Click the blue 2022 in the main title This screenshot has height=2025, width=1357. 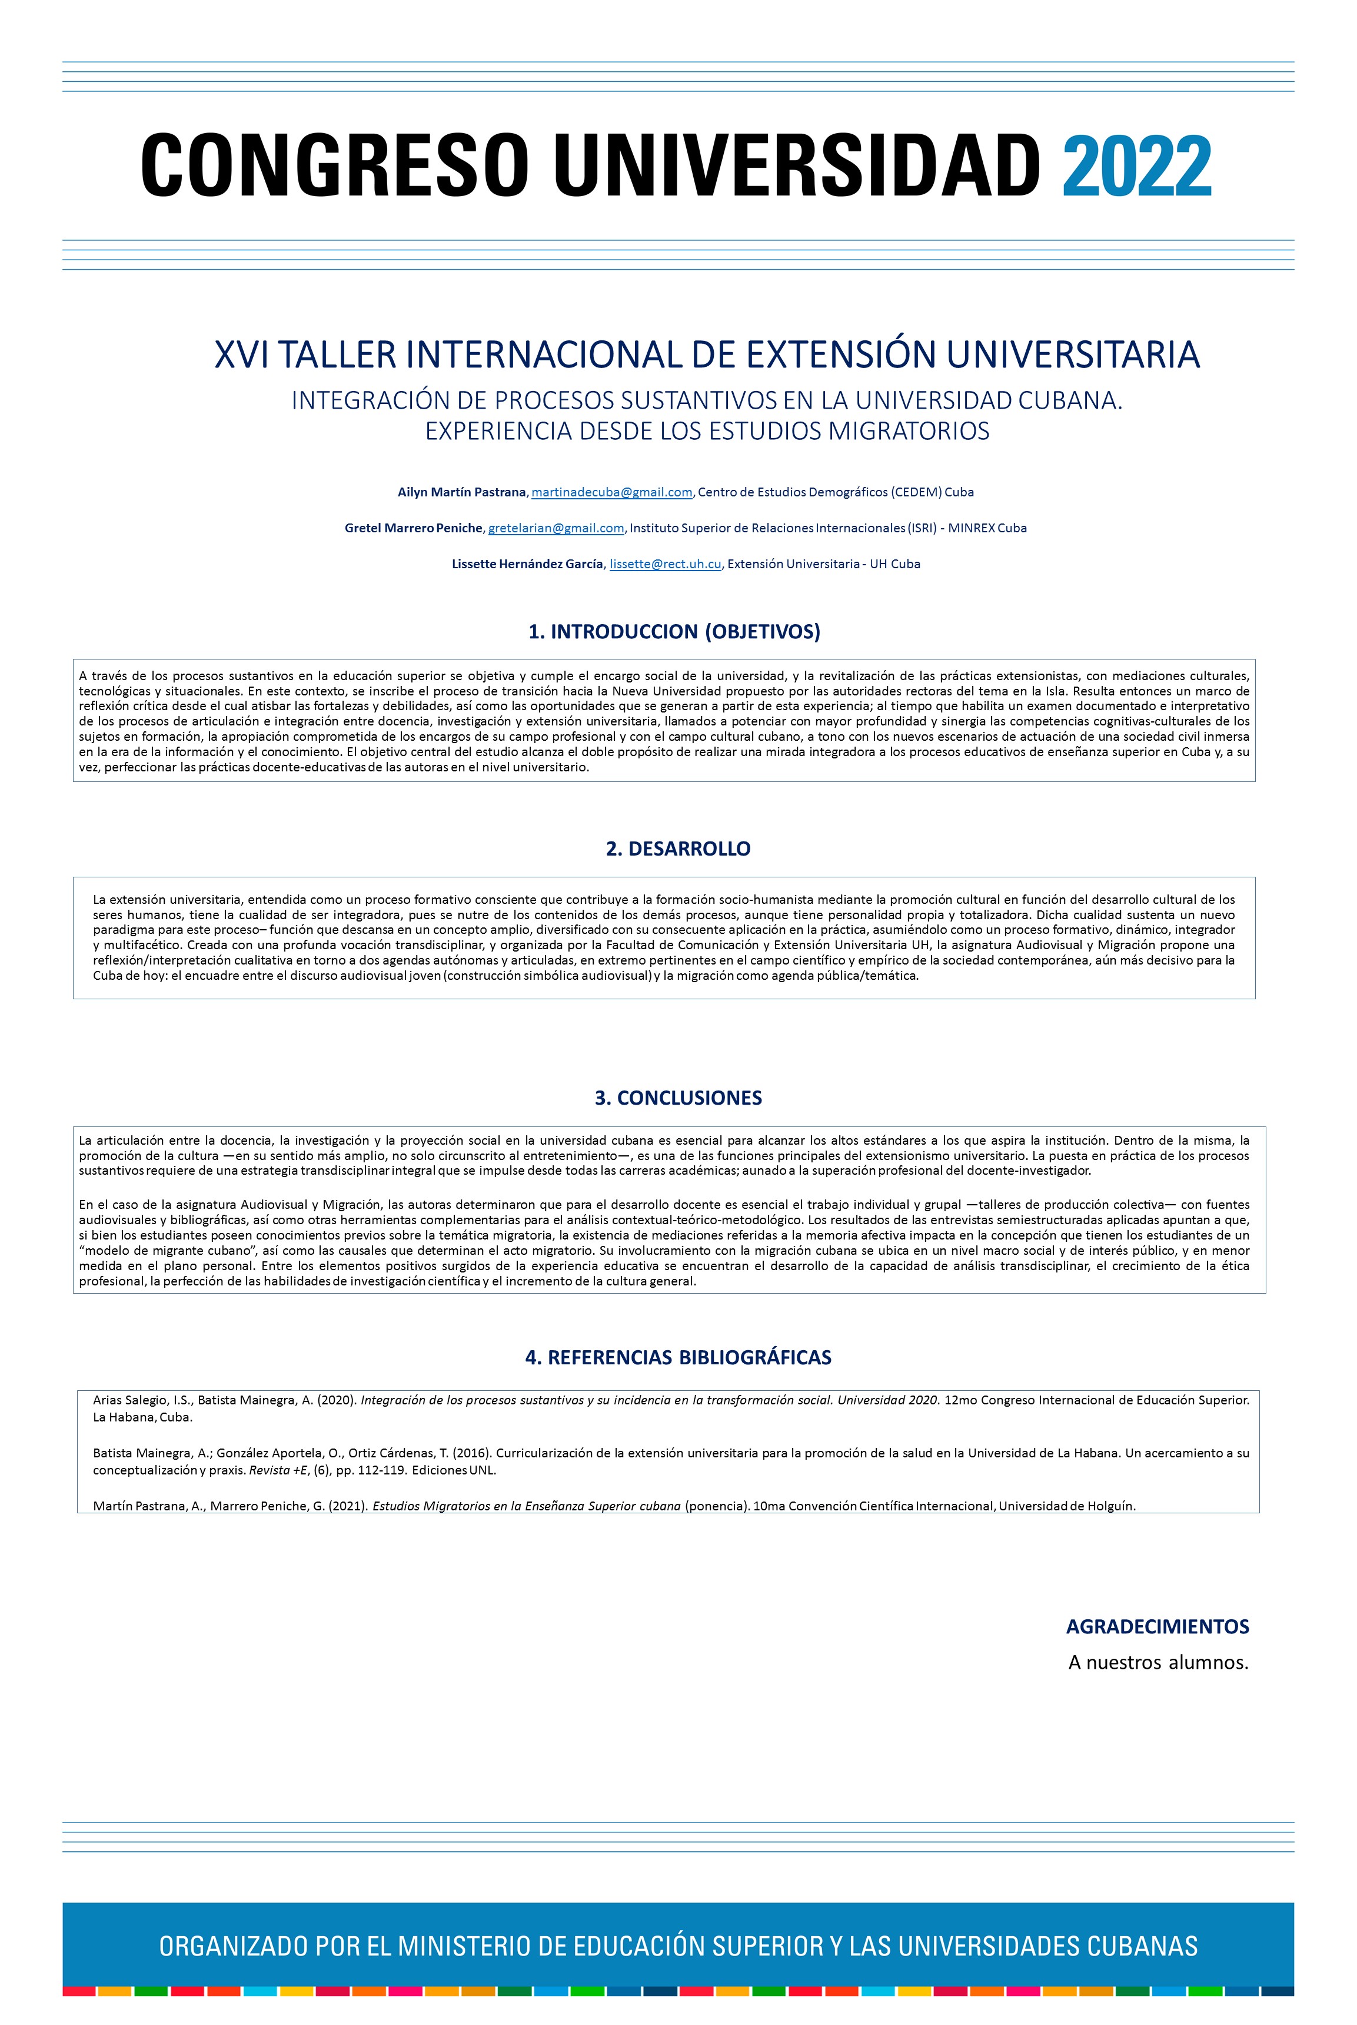[x=1136, y=166]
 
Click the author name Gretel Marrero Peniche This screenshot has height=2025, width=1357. [x=414, y=528]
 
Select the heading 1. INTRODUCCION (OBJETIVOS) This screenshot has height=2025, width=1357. [x=674, y=632]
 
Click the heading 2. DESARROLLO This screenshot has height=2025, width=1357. [x=678, y=849]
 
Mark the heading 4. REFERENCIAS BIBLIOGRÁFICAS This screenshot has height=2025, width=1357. [x=678, y=1357]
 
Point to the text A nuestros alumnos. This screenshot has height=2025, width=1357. [x=1158, y=1663]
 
